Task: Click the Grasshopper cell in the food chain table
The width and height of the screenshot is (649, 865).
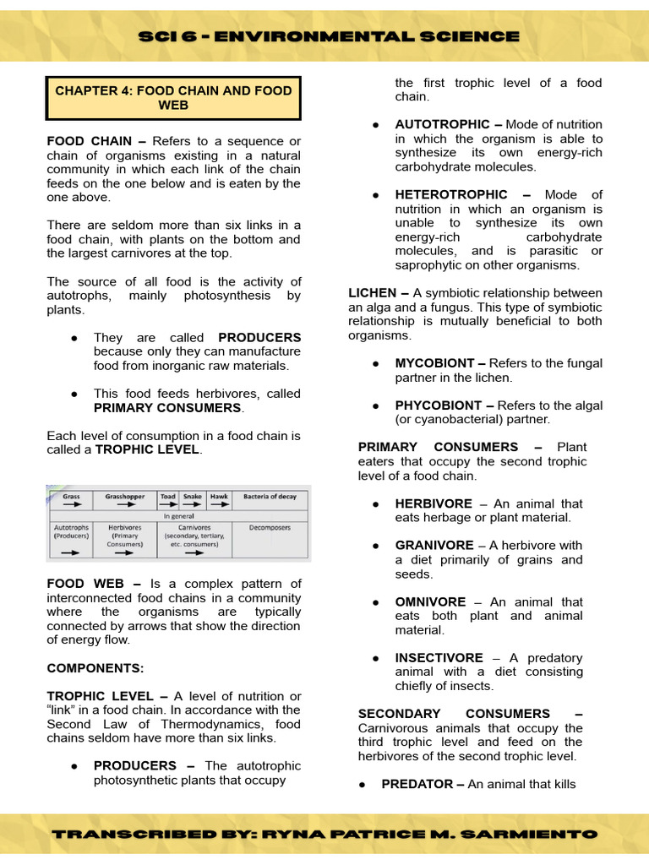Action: (126, 499)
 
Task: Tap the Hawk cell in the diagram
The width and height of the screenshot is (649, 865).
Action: (219, 499)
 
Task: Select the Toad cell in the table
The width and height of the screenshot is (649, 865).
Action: (168, 499)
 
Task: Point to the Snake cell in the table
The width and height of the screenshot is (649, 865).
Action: (193, 499)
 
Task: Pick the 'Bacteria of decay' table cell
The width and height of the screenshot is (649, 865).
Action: (270, 499)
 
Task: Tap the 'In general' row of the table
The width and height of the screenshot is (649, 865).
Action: (178, 515)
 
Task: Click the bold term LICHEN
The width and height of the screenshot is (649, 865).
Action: (373, 293)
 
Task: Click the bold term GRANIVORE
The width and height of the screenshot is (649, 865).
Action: (434, 546)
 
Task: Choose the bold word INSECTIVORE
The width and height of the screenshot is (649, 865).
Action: (439, 658)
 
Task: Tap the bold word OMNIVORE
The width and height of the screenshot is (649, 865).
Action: (429, 602)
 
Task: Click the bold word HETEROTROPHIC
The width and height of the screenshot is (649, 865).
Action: (451, 194)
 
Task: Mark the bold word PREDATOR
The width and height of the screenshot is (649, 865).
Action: (417, 784)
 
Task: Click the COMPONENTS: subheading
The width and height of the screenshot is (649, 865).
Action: (95, 668)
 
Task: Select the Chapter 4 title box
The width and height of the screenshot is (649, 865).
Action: (172, 98)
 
